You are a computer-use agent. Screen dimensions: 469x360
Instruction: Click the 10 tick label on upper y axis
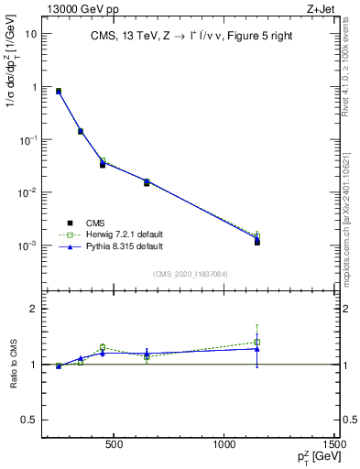click(30, 34)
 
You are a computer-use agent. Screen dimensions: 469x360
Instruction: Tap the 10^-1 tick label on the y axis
click(28, 140)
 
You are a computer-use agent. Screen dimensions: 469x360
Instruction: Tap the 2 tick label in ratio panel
click(33, 309)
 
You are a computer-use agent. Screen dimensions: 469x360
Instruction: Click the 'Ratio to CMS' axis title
click(13, 364)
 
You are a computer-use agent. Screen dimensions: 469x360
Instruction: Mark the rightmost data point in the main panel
click(258, 242)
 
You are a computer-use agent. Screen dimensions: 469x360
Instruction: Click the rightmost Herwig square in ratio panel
click(258, 343)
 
